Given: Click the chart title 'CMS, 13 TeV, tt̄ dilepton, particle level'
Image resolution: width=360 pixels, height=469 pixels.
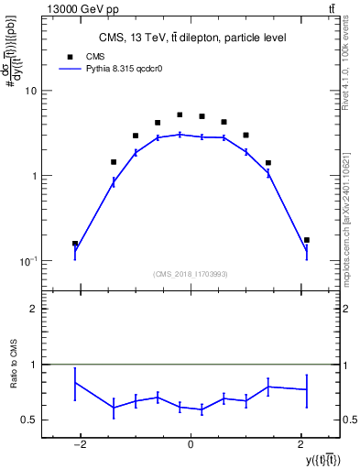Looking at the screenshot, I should pos(192,38).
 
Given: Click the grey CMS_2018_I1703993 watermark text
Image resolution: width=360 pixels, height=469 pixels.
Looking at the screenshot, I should pos(190,273).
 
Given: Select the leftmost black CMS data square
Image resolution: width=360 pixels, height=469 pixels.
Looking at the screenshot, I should pos(75,244).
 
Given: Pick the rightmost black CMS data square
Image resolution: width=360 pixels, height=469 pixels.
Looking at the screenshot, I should pos(307,240).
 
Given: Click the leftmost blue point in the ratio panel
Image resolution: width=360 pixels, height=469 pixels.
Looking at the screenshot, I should pos(75,382).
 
